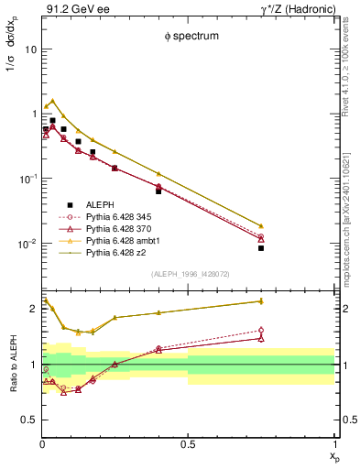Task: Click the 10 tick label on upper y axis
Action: point(30,49)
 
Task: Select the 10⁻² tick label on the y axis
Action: point(27,244)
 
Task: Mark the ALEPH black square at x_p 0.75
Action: point(261,247)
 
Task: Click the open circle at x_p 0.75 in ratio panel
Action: point(261,331)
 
